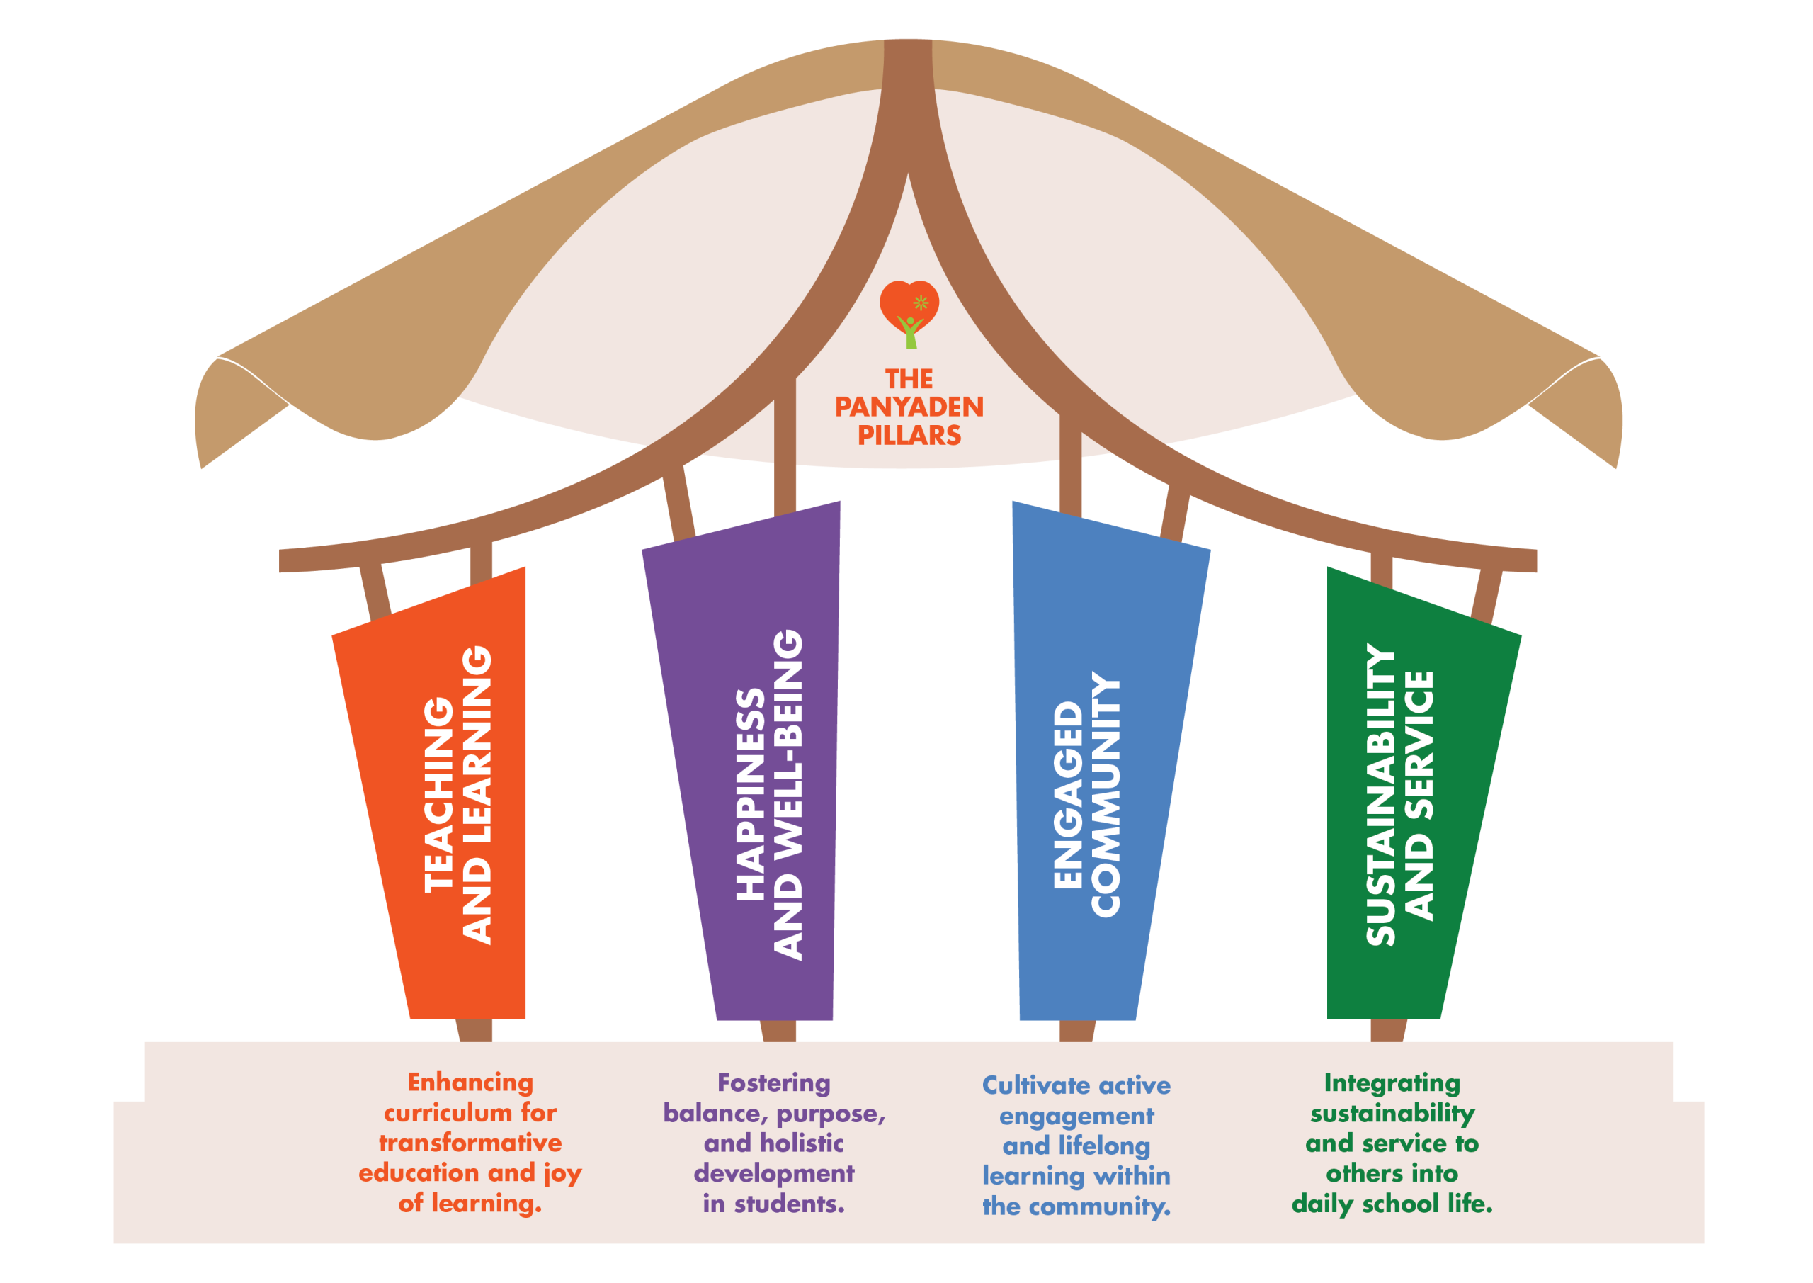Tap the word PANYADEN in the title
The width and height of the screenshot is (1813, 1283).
point(909,407)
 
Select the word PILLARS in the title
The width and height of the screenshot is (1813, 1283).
point(909,435)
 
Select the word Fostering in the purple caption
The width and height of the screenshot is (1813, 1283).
point(773,1083)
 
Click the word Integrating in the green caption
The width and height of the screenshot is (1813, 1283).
point(1392,1083)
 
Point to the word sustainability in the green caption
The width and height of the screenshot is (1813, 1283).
point(1392,1113)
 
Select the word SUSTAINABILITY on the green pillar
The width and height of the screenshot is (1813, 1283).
point(1380,795)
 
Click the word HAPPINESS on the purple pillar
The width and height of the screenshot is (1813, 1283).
point(751,795)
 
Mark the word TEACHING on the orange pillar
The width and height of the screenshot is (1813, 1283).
point(440,795)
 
